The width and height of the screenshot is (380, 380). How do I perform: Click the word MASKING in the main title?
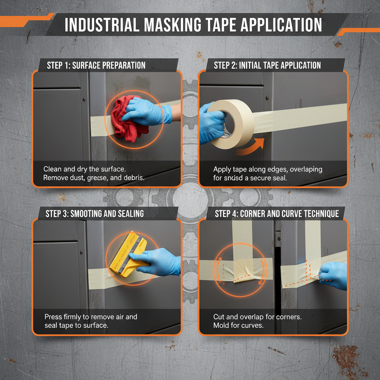click(159, 25)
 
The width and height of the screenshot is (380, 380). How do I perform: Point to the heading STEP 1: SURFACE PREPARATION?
click(96, 66)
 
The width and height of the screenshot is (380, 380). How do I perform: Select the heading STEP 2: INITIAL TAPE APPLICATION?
click(267, 66)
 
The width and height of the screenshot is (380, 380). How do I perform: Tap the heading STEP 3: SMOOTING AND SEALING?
click(95, 214)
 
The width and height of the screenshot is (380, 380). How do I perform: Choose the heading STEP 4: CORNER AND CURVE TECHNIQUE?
click(277, 214)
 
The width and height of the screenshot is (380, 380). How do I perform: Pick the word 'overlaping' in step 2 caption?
click(306, 169)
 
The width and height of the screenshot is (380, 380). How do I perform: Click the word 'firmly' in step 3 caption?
click(73, 317)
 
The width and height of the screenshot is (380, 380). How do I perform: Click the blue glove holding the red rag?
click(148, 111)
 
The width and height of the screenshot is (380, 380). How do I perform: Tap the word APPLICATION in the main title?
click(282, 25)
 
